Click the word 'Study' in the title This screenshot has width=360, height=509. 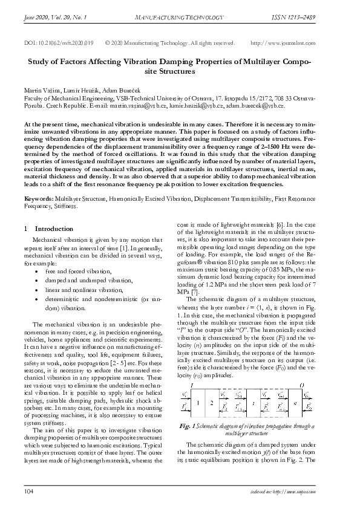[x=41, y=61]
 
